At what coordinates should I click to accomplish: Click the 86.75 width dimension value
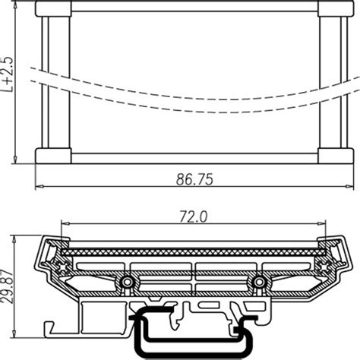(194, 179)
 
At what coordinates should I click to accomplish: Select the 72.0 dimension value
(194, 216)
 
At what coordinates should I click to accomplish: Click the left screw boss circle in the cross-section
(127, 283)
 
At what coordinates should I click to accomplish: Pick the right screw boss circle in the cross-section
(260, 283)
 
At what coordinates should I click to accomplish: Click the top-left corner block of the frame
(53, 8)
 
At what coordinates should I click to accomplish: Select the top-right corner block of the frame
(336, 8)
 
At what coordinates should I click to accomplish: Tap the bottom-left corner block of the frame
(53, 156)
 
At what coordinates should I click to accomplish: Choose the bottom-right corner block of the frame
(336, 156)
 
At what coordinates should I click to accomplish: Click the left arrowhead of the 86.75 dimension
(39, 188)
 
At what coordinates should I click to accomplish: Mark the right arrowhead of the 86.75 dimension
(350, 188)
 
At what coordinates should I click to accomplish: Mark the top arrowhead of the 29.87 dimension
(16, 238)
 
